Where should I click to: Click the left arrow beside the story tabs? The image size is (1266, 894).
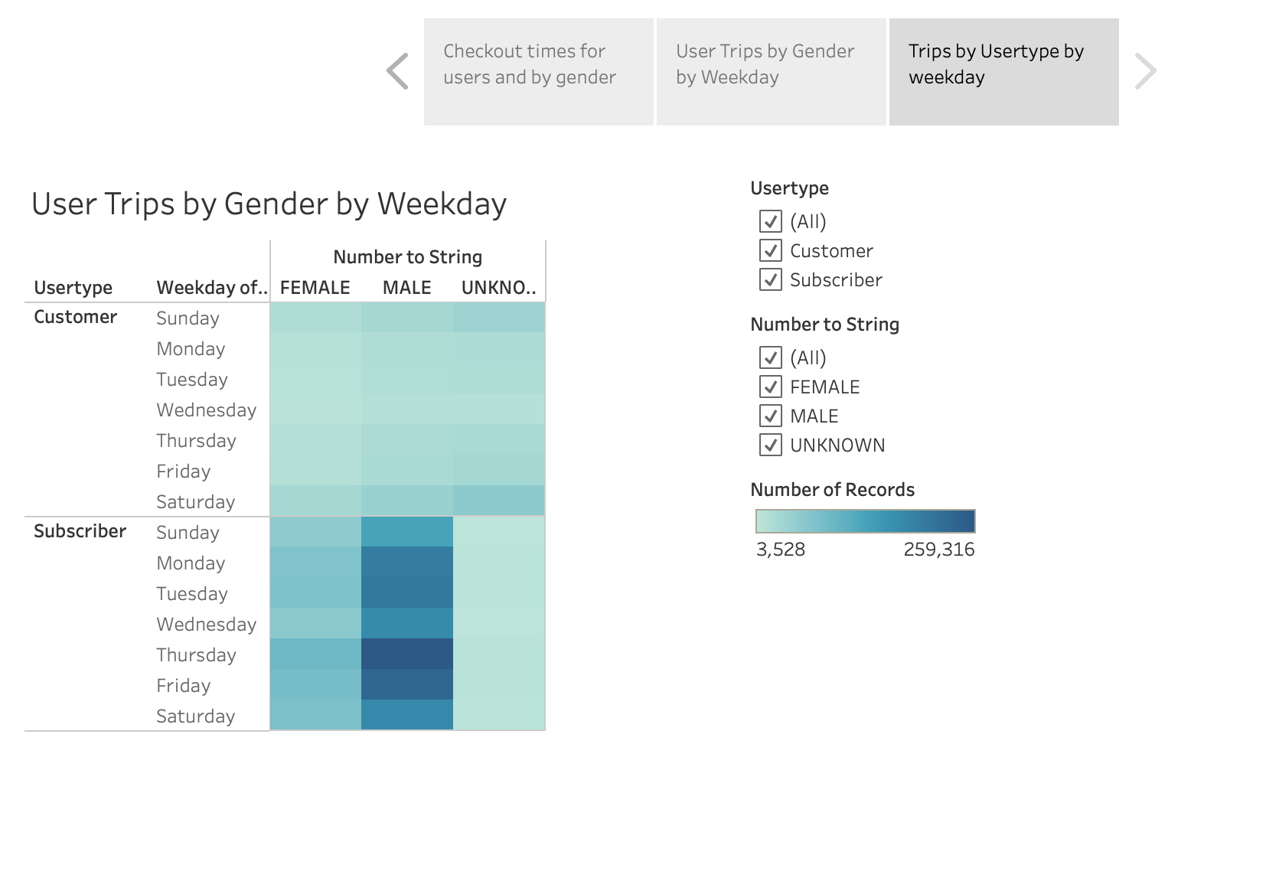(398, 71)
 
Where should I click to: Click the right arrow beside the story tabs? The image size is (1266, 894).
(1146, 71)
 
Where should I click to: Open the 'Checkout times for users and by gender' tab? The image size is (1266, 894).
(539, 72)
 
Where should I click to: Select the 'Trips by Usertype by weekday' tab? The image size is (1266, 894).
(1003, 72)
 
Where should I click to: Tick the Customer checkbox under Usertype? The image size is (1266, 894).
(770, 250)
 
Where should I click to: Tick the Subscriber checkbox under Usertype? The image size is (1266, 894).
(770, 279)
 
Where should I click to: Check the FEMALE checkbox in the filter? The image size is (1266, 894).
(770, 387)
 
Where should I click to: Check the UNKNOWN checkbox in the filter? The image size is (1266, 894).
(770, 445)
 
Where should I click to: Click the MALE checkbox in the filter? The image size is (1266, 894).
(770, 416)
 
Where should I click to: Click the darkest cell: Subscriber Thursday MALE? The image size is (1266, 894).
(407, 654)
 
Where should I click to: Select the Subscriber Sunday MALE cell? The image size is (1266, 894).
(407, 532)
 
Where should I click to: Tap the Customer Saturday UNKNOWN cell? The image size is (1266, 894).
(498, 501)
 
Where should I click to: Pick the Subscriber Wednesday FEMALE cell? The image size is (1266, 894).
(315, 623)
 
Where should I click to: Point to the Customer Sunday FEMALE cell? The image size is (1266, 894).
(315, 318)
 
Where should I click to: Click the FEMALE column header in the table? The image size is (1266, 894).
(315, 288)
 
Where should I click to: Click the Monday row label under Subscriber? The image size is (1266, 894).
(191, 563)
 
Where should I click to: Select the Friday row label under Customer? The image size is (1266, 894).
(183, 471)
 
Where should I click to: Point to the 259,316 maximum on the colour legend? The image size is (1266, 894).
(938, 550)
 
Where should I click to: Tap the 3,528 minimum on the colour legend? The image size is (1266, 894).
(781, 550)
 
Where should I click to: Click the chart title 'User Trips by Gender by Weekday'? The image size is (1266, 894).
(269, 204)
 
